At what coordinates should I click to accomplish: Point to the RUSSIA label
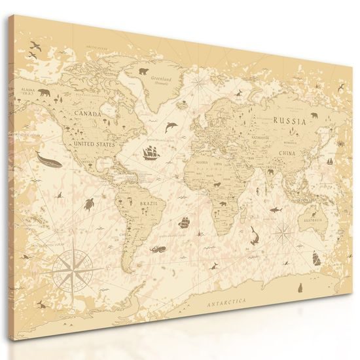289,120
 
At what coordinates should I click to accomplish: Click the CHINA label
286,154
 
